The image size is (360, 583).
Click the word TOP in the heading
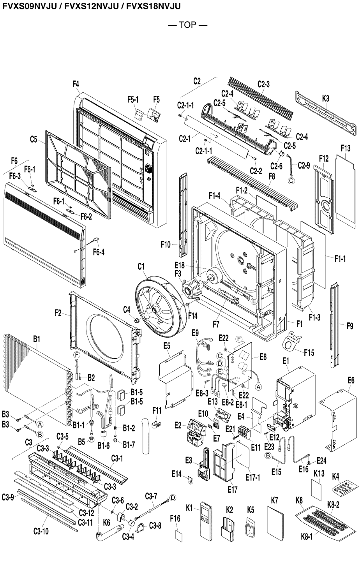187,25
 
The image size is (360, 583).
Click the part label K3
326,99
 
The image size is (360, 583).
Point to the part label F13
346,148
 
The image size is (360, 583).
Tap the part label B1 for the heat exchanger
37,339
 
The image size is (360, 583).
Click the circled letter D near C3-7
173,498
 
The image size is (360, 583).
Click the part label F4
76,84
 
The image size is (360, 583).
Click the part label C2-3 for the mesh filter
264,84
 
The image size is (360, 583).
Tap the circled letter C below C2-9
291,180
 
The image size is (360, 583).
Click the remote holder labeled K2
228,530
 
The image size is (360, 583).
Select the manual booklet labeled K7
275,523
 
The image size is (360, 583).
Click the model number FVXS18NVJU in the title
154,6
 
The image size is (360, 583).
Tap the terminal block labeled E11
245,432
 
